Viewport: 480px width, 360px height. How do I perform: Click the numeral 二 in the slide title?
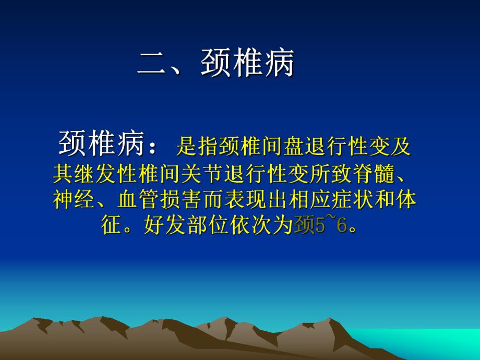(x=152, y=64)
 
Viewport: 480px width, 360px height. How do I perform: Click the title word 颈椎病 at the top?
(x=247, y=64)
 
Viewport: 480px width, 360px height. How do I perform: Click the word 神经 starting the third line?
(x=74, y=200)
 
